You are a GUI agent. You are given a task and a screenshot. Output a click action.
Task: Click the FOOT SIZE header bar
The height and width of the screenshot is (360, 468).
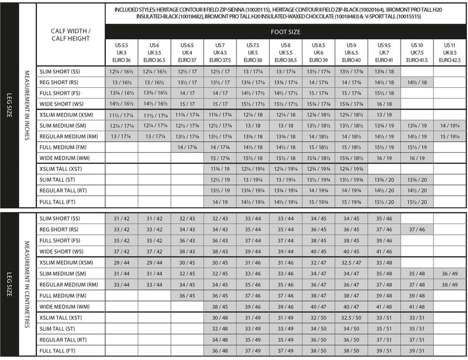[286, 32]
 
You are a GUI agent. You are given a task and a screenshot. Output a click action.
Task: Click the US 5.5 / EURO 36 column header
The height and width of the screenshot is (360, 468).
[122, 52]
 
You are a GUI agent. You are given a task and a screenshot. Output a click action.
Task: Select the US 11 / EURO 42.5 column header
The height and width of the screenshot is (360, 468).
[450, 52]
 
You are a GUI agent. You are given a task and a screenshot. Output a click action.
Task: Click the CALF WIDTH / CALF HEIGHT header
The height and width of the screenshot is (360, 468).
[70, 34]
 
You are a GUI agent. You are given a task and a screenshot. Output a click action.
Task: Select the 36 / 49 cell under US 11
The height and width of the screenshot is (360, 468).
[450, 273]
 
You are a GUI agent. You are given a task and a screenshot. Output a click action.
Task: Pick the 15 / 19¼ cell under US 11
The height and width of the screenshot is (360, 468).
[450, 136]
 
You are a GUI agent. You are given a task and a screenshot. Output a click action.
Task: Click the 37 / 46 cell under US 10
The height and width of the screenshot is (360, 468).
[417, 229]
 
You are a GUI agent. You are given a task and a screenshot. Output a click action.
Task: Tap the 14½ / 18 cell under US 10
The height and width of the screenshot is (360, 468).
[417, 83]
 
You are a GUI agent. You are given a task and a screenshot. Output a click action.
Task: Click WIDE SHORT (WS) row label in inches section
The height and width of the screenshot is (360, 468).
[63, 104]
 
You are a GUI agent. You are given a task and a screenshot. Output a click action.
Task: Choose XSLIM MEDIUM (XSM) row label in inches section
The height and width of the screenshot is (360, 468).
[66, 115]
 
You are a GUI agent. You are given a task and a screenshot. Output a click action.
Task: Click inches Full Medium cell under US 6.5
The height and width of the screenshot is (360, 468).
[188, 147]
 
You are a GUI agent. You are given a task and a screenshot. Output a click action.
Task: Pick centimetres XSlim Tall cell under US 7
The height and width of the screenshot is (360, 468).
[221, 317]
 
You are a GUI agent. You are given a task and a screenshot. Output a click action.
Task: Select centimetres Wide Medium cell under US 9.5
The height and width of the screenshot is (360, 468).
[384, 306]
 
